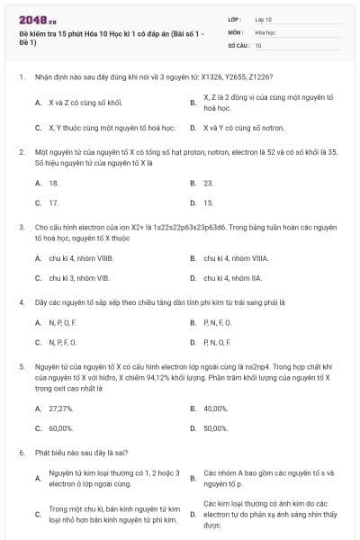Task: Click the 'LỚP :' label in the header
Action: [x=235, y=18]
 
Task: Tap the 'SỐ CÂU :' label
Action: [x=238, y=44]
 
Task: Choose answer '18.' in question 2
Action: [x=54, y=182]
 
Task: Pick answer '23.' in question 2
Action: [x=209, y=182]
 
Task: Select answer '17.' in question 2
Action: [x=54, y=202]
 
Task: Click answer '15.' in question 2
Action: [x=209, y=202]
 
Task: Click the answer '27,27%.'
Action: [x=61, y=408]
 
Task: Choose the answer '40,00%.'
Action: [x=216, y=408]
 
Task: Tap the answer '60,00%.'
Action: [x=61, y=428]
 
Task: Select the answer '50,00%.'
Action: [x=216, y=428]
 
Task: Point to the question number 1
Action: [x=21, y=77]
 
